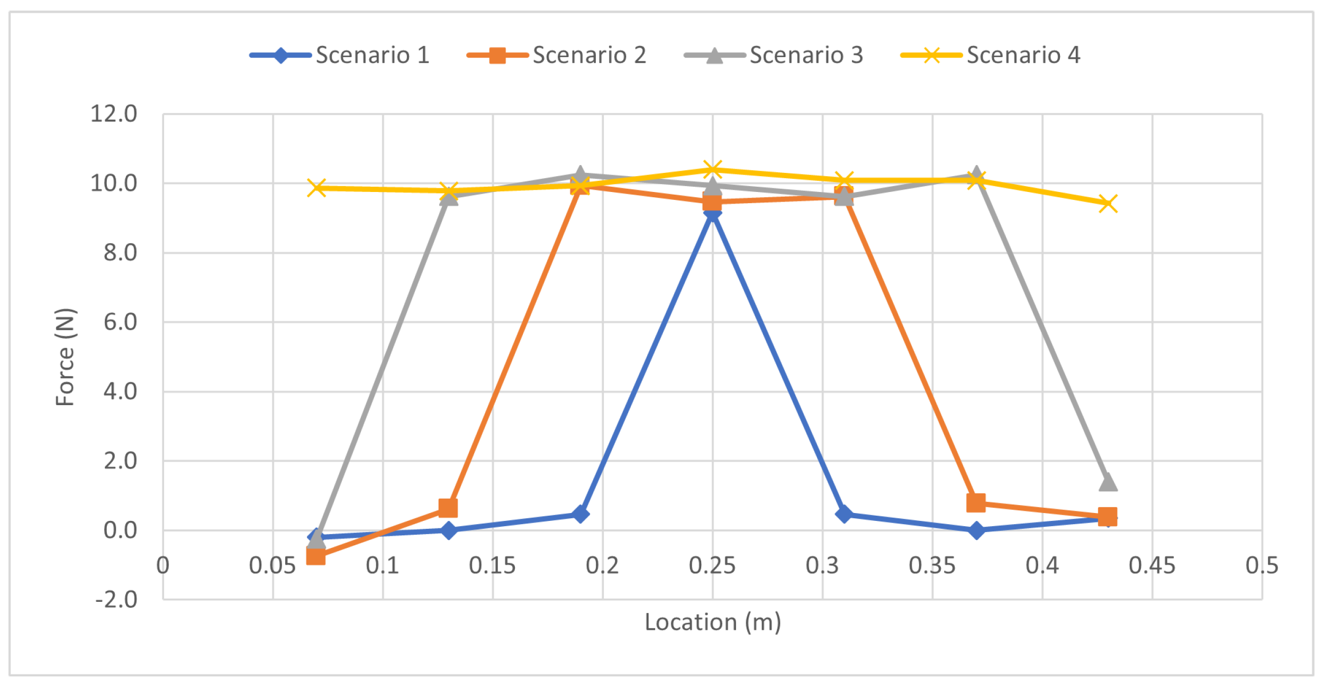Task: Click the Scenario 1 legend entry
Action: (340, 56)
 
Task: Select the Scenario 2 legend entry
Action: (557, 56)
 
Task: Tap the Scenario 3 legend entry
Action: (774, 56)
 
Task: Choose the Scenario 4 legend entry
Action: (991, 56)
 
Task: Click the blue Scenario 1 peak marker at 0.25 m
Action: (712, 213)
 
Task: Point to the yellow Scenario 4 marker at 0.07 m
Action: (316, 188)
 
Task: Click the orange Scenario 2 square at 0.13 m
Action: (448, 508)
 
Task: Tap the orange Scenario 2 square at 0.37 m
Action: (976, 502)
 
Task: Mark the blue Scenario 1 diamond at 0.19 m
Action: (581, 514)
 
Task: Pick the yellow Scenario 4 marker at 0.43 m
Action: (1108, 204)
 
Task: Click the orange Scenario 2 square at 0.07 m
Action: (316, 556)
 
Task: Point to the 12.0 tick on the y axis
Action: (114, 114)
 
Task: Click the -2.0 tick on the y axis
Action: (116, 600)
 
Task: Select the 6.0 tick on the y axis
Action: (120, 322)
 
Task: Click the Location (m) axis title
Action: (713, 622)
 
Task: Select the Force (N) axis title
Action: (66, 357)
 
